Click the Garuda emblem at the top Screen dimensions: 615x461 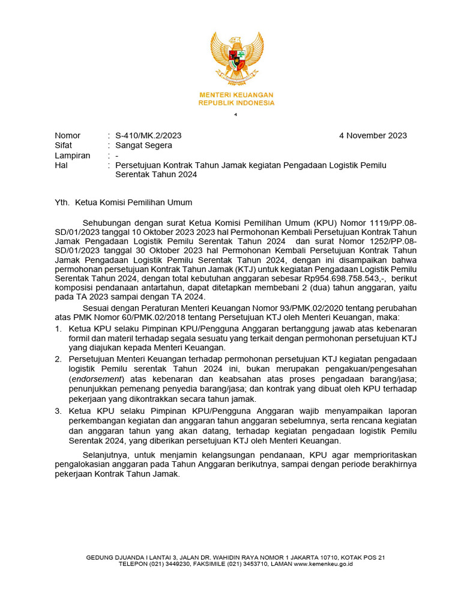point(237,59)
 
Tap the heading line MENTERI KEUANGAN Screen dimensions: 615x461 point(237,95)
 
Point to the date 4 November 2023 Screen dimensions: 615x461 point(373,135)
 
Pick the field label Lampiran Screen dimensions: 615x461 point(72,156)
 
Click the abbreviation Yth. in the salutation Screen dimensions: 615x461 point(62,202)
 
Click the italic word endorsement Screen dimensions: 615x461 point(95,380)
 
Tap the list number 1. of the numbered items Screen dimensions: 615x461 point(58,329)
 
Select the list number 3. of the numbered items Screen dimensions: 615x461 point(58,411)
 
